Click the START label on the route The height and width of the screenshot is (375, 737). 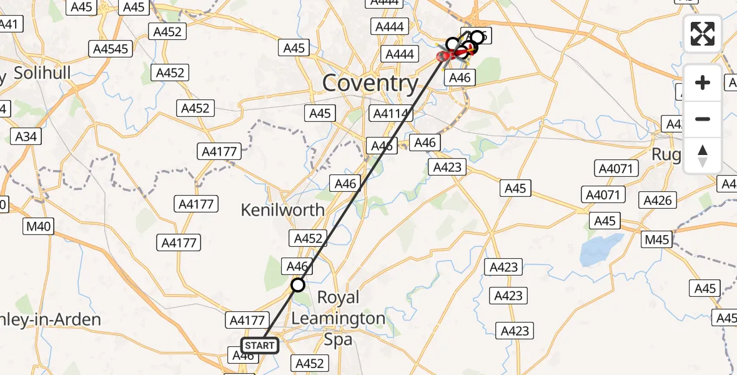pyautogui.click(x=259, y=345)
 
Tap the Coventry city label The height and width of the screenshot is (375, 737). pyautogui.click(x=370, y=83)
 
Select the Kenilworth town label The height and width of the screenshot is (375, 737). pyautogui.click(x=283, y=210)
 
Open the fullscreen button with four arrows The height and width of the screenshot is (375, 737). pyautogui.click(x=703, y=34)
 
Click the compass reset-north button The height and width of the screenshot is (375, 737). pyautogui.click(x=703, y=156)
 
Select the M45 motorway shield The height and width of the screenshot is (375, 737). pyautogui.click(x=656, y=240)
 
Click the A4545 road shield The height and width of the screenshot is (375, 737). pyautogui.click(x=111, y=49)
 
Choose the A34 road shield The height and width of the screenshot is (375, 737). pyautogui.click(x=25, y=136)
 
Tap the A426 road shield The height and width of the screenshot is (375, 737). pyautogui.click(x=658, y=200)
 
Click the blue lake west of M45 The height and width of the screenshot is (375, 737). pyautogui.click(x=602, y=249)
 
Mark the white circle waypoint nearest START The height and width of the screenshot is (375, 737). pyautogui.click(x=298, y=285)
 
